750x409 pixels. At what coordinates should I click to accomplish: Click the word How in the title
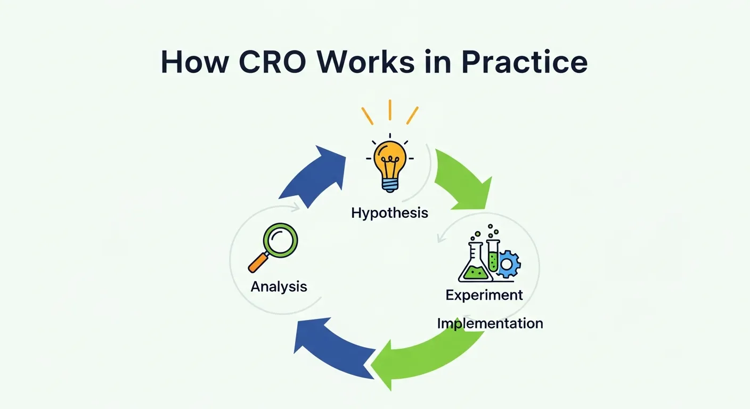195,63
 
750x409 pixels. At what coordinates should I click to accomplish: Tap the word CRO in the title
273,63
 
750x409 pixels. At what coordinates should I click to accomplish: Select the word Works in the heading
368,63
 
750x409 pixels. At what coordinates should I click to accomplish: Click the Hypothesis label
389,213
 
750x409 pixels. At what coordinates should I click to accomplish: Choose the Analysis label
279,287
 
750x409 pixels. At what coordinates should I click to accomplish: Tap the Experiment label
484,295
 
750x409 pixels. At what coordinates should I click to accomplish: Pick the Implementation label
490,323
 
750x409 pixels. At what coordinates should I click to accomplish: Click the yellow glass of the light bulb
390,157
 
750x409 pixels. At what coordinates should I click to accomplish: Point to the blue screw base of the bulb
390,184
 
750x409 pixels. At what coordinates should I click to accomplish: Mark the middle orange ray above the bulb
390,109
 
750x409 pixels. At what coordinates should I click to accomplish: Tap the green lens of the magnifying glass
282,240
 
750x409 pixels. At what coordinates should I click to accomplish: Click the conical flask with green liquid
474,266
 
